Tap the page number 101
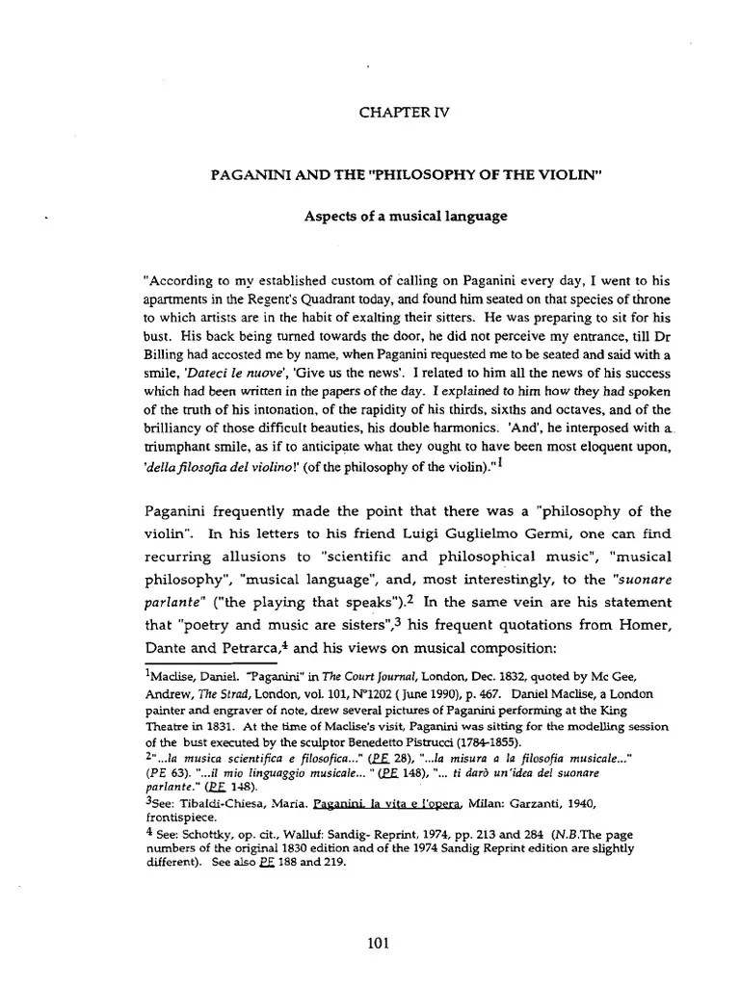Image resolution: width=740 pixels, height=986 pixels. click(378, 944)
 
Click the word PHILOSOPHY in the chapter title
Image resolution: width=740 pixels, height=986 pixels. click(434, 176)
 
